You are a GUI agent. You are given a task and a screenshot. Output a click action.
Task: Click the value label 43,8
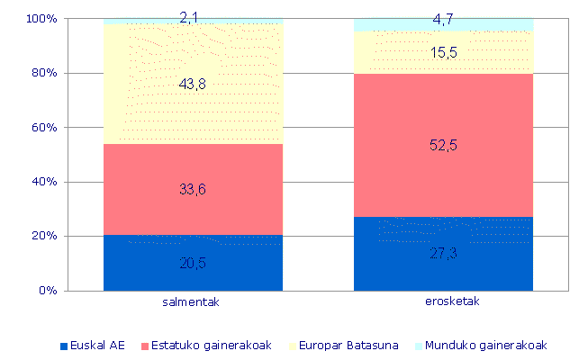pyautogui.click(x=194, y=84)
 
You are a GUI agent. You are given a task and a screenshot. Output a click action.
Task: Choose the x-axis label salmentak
pyautogui.click(x=193, y=302)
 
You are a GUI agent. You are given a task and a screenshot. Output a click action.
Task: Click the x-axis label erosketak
pyautogui.click(x=443, y=302)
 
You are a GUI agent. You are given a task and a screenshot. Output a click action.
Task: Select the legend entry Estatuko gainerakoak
pyautogui.click(x=195, y=346)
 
